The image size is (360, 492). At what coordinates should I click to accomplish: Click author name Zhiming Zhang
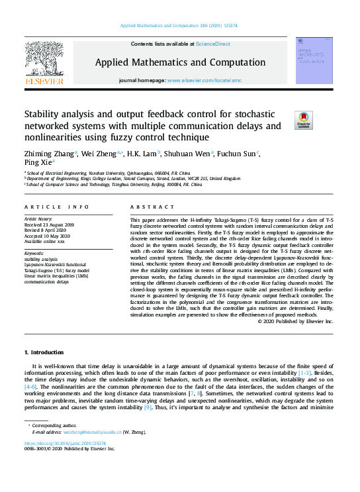click(x=48, y=154)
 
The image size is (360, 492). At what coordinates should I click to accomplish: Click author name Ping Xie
click(x=38, y=162)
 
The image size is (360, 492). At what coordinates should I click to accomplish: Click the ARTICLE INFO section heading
click(x=56, y=207)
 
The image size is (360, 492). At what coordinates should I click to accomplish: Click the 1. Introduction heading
click(x=44, y=352)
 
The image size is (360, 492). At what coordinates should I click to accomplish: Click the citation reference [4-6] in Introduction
click(x=30, y=385)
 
